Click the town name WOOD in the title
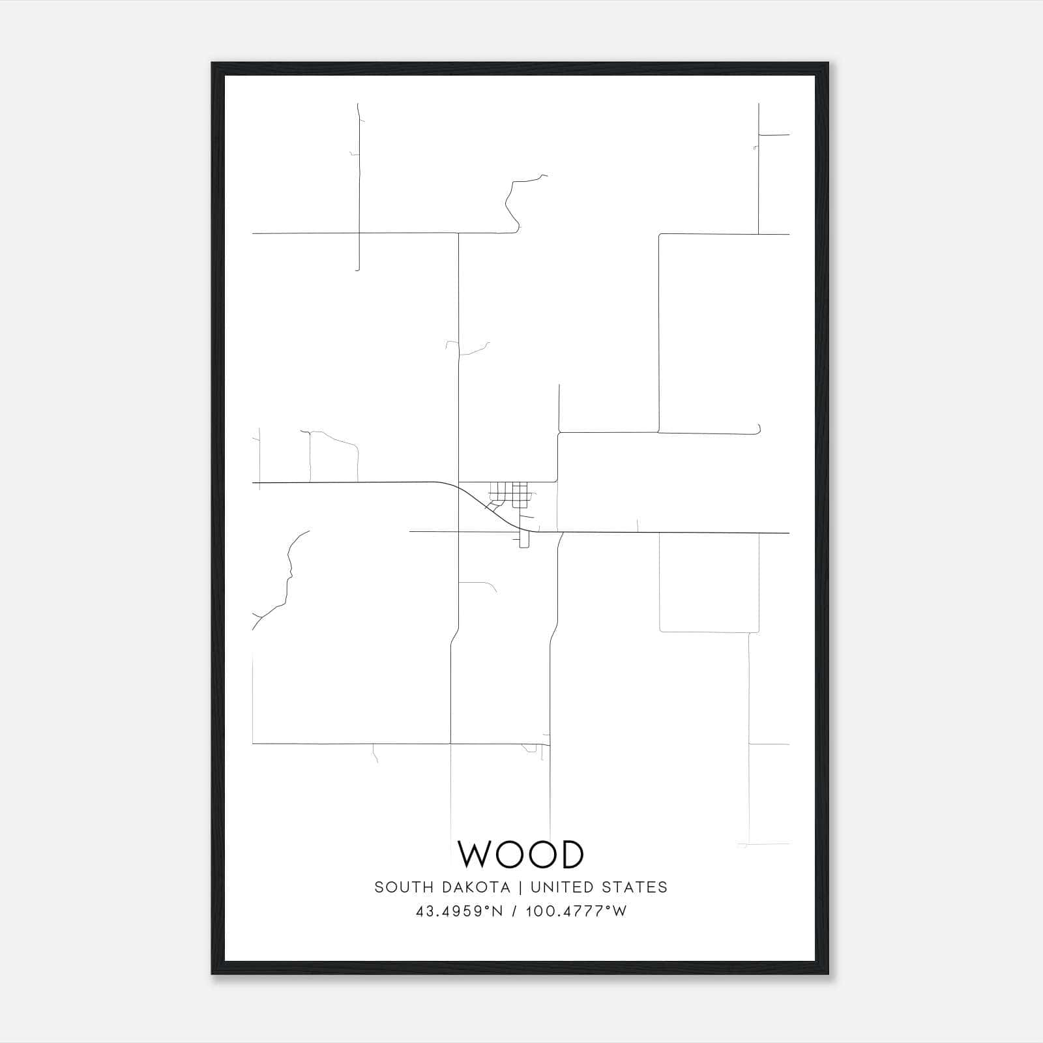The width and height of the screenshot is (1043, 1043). click(x=521, y=854)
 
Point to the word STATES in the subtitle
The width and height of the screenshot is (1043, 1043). click(x=635, y=887)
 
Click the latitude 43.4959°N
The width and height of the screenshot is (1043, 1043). click(x=459, y=911)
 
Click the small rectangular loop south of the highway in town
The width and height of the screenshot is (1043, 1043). click(x=523, y=540)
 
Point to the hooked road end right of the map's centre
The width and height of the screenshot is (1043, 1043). click(x=758, y=430)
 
